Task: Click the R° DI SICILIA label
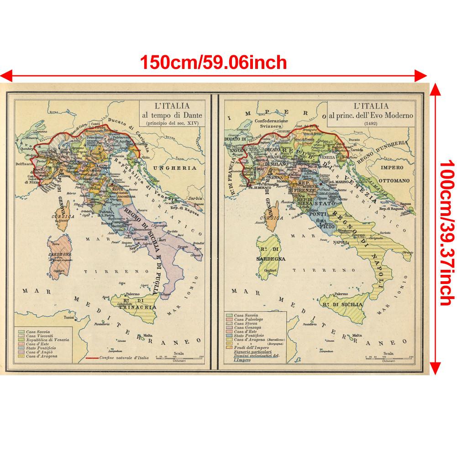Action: tap(342, 304)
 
